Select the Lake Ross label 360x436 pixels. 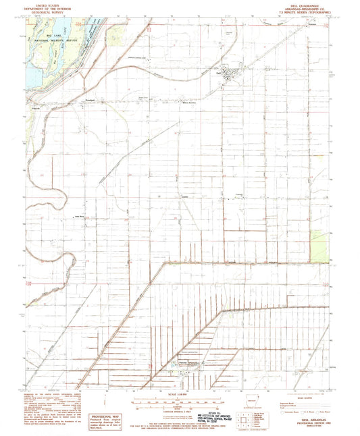pyautogui.click(x=78, y=218)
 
